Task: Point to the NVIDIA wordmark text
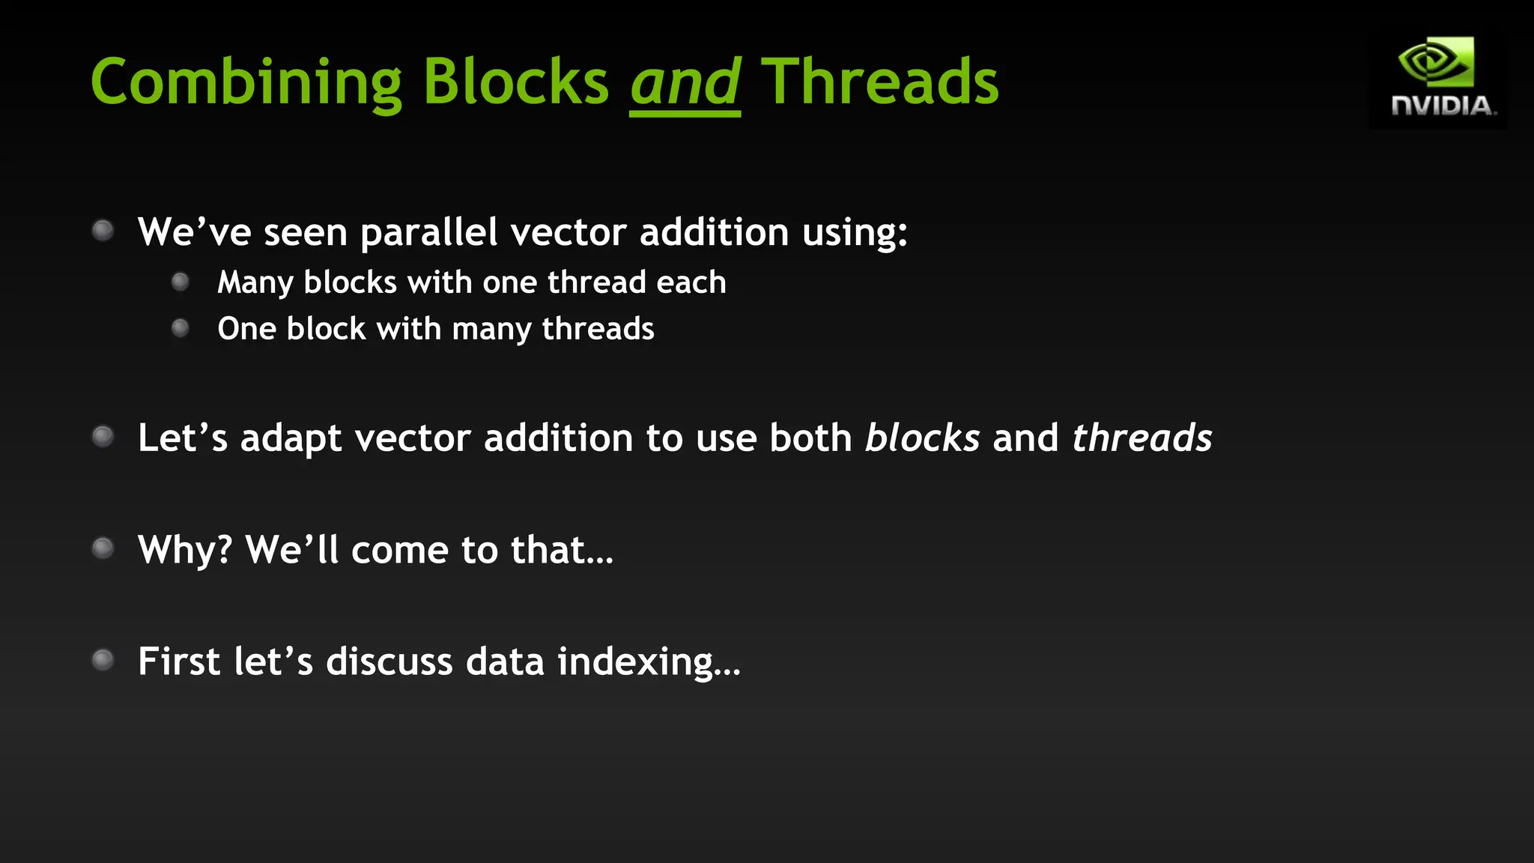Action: click(x=1443, y=106)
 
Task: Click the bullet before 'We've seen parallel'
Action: click(x=103, y=230)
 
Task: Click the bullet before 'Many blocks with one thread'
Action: click(x=180, y=282)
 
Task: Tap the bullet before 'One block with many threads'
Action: click(x=180, y=328)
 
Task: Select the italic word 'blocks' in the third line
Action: click(x=922, y=437)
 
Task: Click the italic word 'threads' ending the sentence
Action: click(x=1142, y=437)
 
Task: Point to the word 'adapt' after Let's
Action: click(x=291, y=439)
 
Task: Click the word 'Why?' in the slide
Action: click(x=185, y=550)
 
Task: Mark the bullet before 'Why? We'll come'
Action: click(x=103, y=548)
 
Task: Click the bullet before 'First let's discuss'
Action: click(x=103, y=660)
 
